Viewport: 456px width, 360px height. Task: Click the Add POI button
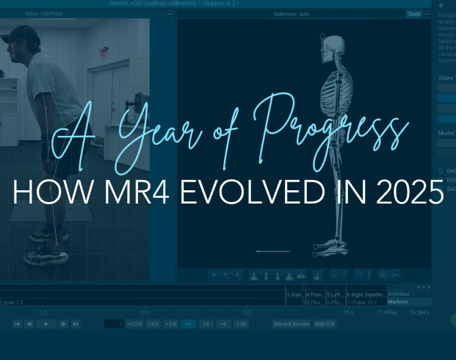[324, 323]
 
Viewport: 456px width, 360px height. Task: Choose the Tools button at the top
[414, 14]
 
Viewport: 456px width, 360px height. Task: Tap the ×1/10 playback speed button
[134, 323]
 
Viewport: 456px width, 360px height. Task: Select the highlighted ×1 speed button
[188, 323]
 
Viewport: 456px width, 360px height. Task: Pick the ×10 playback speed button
[241, 323]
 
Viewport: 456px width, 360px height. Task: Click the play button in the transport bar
[46, 323]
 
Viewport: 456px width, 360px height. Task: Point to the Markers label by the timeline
[399, 301]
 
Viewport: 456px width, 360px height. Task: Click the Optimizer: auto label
[292, 14]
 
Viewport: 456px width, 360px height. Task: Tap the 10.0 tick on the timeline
[145, 312]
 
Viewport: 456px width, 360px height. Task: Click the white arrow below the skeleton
[272, 251]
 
